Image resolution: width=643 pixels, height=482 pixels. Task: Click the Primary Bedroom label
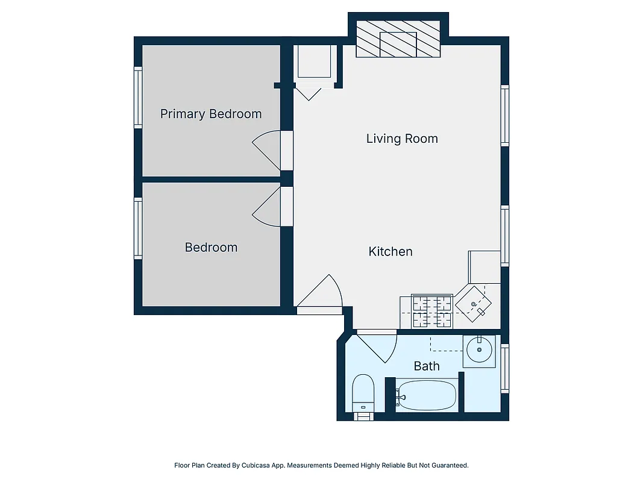click(210, 114)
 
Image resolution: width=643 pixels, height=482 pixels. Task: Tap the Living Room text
click(402, 139)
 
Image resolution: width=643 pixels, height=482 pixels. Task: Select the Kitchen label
click(391, 251)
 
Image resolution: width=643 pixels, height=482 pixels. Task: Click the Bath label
click(426, 366)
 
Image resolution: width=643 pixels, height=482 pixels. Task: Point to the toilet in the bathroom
click(363, 395)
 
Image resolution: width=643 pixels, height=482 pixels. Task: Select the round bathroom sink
click(479, 350)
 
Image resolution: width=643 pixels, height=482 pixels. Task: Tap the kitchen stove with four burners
click(432, 311)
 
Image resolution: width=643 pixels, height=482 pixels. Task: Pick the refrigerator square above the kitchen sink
click(485, 266)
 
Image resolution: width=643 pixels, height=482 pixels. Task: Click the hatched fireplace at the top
click(398, 40)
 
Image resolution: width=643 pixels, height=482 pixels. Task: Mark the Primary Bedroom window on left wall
click(138, 98)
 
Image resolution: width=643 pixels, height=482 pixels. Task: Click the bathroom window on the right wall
click(505, 368)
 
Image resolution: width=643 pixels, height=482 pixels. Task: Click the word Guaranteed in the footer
click(450, 465)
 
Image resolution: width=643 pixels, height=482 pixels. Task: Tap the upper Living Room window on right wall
click(505, 115)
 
